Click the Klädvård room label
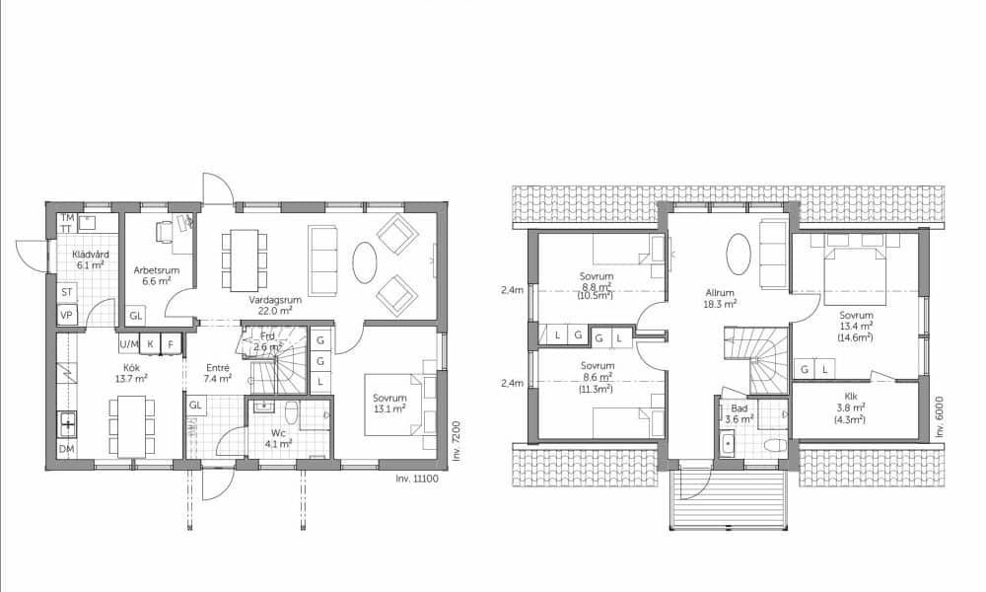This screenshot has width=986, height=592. tap(91, 259)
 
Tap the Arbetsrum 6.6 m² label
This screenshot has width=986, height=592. tap(157, 275)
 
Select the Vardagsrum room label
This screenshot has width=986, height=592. tap(275, 305)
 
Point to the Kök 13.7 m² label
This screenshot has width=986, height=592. tap(131, 372)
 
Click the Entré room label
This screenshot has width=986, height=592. tap(218, 373)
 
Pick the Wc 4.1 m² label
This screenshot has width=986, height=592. tap(278, 438)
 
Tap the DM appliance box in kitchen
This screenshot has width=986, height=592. tap(66, 449)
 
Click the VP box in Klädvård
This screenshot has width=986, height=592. tap(67, 315)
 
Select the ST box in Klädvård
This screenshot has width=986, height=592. tap(67, 292)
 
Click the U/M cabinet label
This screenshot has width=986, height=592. tap(129, 344)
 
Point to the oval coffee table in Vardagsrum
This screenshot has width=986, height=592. tap(364, 263)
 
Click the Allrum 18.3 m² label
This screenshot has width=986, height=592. tap(721, 298)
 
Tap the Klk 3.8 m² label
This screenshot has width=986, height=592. tap(850, 407)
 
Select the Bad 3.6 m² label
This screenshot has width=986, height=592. tap(739, 413)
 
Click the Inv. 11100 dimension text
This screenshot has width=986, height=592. tap(417, 479)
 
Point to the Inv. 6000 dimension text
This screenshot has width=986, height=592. tap(940, 416)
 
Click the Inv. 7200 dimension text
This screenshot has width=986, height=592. tap(458, 441)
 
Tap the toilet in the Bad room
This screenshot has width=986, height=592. tap(776, 445)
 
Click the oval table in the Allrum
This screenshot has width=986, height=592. tap(739, 255)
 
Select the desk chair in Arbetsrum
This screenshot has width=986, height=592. tap(164, 232)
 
